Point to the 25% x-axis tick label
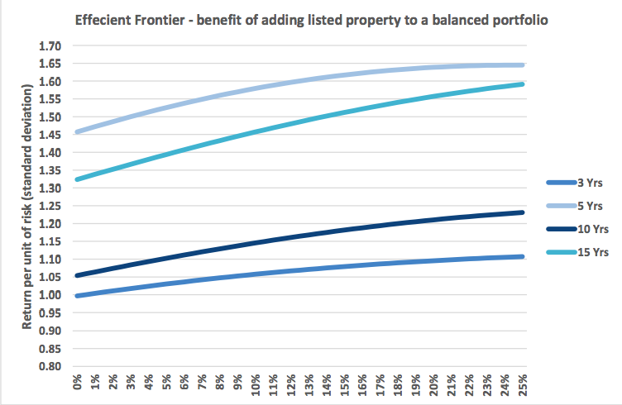tap(523, 385)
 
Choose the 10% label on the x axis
tap(255, 385)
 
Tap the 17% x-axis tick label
tap(380, 385)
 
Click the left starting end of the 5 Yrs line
tap(76, 131)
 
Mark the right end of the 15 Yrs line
tap(523, 83)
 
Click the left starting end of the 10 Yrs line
tap(76, 275)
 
